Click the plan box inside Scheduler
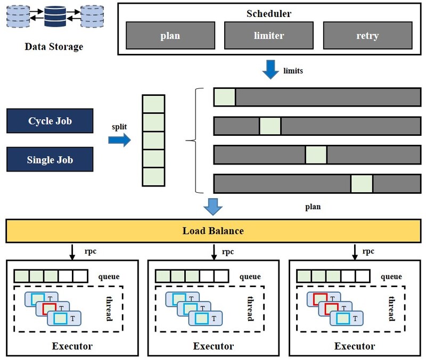[170, 36]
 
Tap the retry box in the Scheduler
[367, 36]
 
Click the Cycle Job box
[50, 121]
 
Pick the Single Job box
[50, 159]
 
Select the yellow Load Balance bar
[213, 231]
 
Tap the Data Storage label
[54, 47]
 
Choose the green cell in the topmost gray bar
[225, 97]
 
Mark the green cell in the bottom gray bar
[362, 183]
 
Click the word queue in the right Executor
[391, 276]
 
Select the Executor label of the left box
[72, 346]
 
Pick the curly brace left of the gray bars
[193, 140]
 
